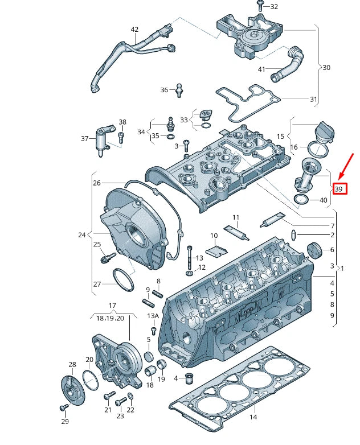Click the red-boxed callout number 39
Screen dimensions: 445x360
click(339, 189)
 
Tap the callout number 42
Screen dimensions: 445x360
click(134, 30)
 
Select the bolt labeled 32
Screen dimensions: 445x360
click(260, 6)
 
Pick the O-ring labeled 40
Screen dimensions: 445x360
click(302, 199)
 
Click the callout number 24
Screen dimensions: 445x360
click(81, 234)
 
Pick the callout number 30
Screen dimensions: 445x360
click(326, 68)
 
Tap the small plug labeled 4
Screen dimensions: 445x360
click(190, 377)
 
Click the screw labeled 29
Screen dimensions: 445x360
click(63, 407)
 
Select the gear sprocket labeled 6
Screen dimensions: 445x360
click(312, 250)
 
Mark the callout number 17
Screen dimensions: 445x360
click(112, 306)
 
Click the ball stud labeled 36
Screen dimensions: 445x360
click(181, 89)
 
